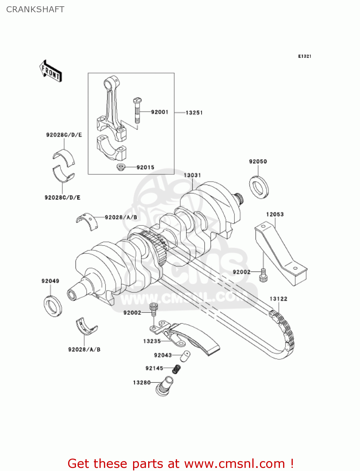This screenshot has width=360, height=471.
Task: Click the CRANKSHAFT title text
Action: (x=35, y=9)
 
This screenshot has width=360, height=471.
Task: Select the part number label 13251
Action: (x=194, y=113)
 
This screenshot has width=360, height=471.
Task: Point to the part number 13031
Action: (x=192, y=175)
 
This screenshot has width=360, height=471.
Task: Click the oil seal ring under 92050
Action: (x=259, y=187)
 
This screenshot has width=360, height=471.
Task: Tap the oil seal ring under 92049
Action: (x=52, y=306)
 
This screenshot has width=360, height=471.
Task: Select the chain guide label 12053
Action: (x=275, y=214)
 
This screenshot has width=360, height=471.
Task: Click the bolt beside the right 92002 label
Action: (x=263, y=275)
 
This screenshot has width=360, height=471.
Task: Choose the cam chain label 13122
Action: (x=278, y=299)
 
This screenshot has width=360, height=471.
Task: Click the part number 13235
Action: (x=152, y=341)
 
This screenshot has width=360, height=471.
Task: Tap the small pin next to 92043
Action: (x=185, y=356)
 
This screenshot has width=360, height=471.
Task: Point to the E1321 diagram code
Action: (x=304, y=56)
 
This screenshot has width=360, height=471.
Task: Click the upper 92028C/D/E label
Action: (x=64, y=135)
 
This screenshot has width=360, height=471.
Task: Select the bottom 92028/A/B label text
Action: (x=84, y=349)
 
